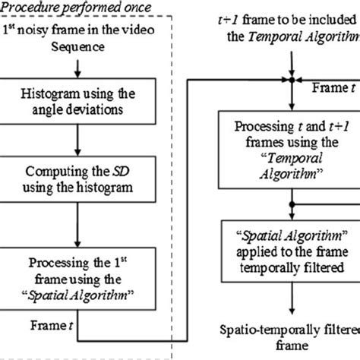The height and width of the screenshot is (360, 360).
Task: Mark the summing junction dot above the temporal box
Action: point(289,77)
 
